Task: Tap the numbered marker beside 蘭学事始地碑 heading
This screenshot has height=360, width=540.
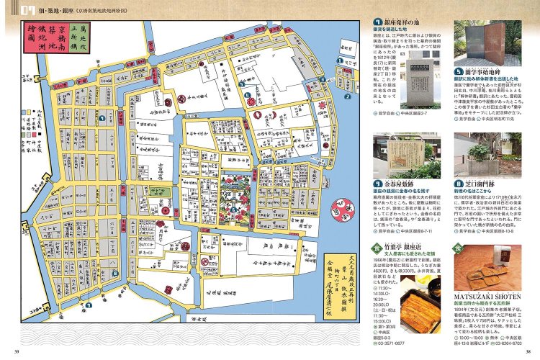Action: pos(459,72)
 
